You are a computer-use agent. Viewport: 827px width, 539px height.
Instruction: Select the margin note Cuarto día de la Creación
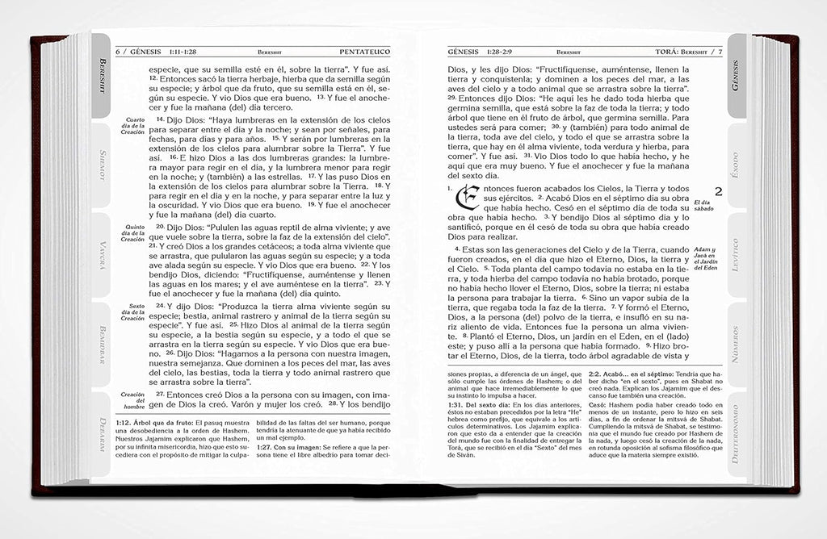(x=131, y=126)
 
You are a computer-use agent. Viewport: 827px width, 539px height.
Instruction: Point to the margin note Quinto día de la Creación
(x=131, y=233)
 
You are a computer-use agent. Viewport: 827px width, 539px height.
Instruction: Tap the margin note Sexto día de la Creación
(x=131, y=312)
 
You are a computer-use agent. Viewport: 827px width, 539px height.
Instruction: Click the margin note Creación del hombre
(x=131, y=399)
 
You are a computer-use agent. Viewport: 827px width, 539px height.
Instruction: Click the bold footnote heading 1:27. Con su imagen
(x=285, y=446)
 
